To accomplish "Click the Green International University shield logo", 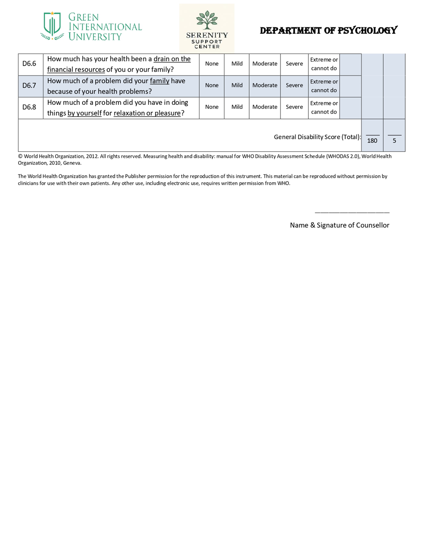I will [x=52, y=26].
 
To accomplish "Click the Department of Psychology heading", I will [x=328, y=30].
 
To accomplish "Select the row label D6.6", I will [x=29, y=64].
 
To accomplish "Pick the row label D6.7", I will [x=29, y=86].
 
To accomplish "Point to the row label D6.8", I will [x=29, y=107].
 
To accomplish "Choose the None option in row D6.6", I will [x=212, y=64].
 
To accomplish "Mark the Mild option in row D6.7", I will [x=237, y=85].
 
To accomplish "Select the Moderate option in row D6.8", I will [x=265, y=107].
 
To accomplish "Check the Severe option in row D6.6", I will [x=294, y=64].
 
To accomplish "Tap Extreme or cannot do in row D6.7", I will [x=324, y=86].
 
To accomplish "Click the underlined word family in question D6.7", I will [x=160, y=81].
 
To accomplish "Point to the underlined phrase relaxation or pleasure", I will [x=147, y=114].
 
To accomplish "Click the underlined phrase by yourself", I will [x=84, y=114].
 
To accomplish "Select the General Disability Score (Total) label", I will [x=317, y=137].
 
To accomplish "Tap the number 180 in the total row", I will [x=372, y=141].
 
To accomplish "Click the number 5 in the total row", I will [x=394, y=141].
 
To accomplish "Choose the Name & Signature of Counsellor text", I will [x=340, y=225].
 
